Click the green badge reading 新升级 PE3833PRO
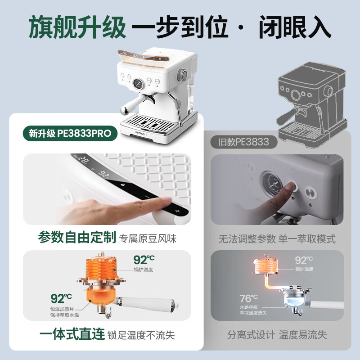70,133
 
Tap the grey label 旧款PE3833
243,142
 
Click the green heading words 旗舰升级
77,27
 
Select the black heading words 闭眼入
295,27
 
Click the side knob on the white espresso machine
182,75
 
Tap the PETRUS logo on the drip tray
140,133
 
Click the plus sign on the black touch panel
177,211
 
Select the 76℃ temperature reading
249,298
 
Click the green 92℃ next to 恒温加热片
61,298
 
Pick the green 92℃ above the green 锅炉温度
144,260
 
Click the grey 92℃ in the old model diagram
304,261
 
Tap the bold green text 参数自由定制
77,238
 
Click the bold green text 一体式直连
72,334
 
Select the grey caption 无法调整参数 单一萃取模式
277,239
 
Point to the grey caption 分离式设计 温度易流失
277,335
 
